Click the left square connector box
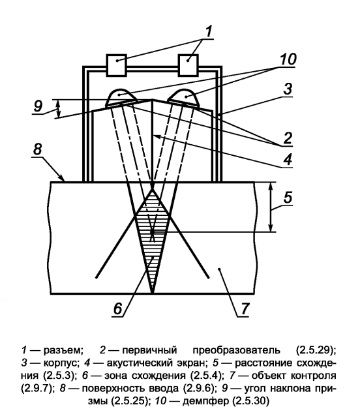[116, 65]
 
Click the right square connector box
[188, 65]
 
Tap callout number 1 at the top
[209, 31]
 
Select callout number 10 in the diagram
[288, 59]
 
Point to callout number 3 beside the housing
[288, 89]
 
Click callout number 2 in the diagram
[288, 138]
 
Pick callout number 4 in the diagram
[288, 159]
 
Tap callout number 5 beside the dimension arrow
[288, 198]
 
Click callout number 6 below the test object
[117, 308]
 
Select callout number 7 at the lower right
[245, 308]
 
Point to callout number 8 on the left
[37, 149]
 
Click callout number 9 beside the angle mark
[38, 106]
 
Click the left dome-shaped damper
[121, 98]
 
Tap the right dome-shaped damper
[184, 98]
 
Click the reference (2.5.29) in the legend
[316, 350]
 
